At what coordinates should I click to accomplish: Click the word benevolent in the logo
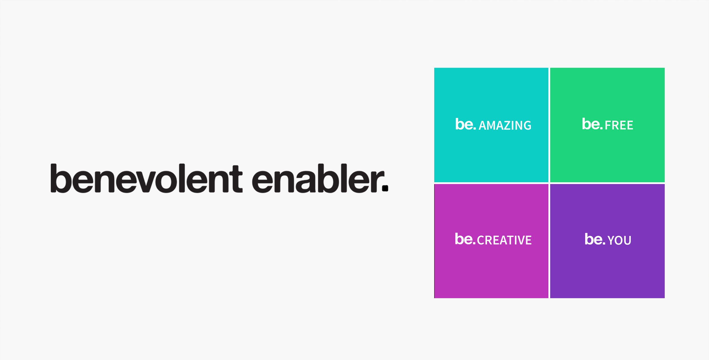coord(146,178)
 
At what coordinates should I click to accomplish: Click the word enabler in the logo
coord(316,178)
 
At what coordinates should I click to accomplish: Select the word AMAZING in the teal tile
coord(505,126)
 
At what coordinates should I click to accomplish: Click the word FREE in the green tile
coord(619,125)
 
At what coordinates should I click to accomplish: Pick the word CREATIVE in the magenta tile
coord(504,240)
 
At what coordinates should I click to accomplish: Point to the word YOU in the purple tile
coord(619,240)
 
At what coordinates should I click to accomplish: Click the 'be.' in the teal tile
coord(465,124)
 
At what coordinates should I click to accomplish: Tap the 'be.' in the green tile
coord(592,124)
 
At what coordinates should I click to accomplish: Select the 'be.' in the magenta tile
coord(465,239)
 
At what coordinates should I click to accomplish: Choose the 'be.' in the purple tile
coord(595,239)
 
